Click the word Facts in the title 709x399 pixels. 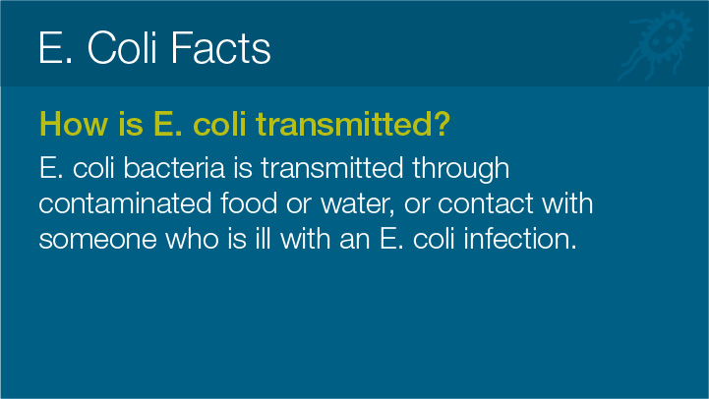pyautogui.click(x=220, y=47)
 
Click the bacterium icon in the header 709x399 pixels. pyautogui.click(x=655, y=45)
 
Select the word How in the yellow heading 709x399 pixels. pyautogui.click(x=74, y=124)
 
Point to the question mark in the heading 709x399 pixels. pyautogui.click(x=443, y=123)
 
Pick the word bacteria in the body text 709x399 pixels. pyautogui.click(x=174, y=168)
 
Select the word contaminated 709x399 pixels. pyautogui.click(x=125, y=203)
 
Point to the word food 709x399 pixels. pyautogui.click(x=249, y=202)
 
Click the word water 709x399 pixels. pyautogui.click(x=358, y=204)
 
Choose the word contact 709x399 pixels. pyautogui.click(x=485, y=203)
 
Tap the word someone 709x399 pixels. pyautogui.click(x=97, y=239)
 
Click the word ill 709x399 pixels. pyautogui.click(x=263, y=238)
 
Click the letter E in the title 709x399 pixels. pyautogui.click(x=50, y=47)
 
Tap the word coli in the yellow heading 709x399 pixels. pyautogui.click(x=219, y=124)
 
